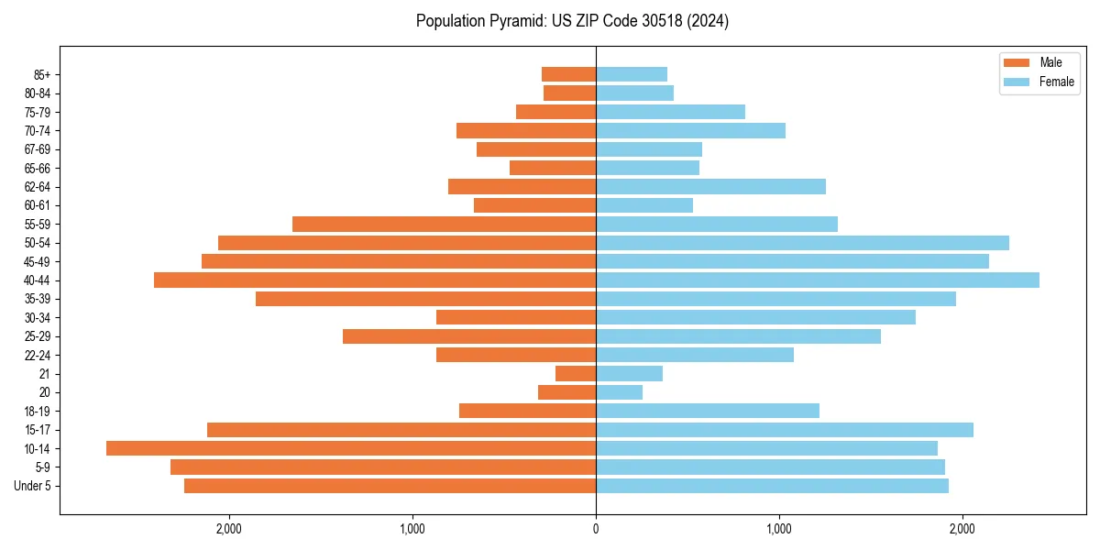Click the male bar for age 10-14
pos(351,448)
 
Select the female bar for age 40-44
pos(818,280)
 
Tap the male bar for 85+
pos(568,74)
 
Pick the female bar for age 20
pos(619,392)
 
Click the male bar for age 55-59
pos(444,224)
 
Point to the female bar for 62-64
pos(710,186)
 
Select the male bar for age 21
pos(576,373)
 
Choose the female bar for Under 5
pos(772,486)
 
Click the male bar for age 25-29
pos(469,336)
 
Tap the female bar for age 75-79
pos(670,112)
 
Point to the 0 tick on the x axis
pos(596,529)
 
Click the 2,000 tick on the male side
pos(228,529)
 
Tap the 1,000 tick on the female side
pos(779,529)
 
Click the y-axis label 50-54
pos(38,243)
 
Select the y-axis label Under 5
pos(33,486)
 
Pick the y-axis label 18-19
pos(38,411)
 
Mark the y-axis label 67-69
pos(38,149)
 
